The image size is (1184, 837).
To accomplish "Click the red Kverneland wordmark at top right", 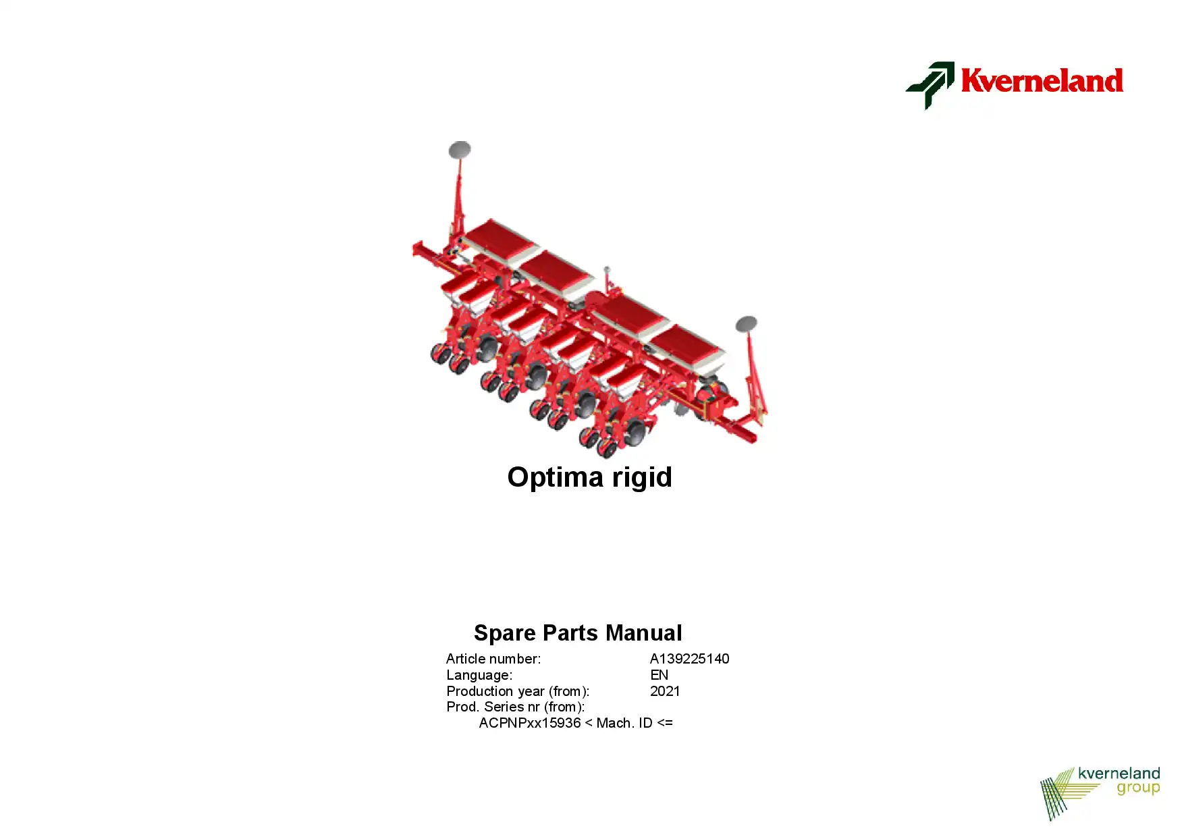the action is click(1042, 80).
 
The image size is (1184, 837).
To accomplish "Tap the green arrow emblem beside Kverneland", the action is click(930, 85).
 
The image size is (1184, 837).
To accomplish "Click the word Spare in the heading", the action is click(505, 633).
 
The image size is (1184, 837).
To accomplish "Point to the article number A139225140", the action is click(689, 659).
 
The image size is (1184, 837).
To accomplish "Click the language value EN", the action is click(659, 675).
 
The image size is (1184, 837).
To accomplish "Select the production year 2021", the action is click(665, 691).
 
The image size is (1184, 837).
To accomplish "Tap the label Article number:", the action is click(493, 659).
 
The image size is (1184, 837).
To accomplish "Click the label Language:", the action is click(479, 675).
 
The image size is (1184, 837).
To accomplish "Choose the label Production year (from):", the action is click(518, 691).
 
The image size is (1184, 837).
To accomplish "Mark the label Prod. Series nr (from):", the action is click(516, 707).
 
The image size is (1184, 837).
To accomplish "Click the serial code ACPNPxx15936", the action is click(530, 723).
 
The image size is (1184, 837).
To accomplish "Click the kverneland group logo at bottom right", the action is click(1100, 793).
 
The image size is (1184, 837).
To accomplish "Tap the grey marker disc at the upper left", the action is click(460, 150).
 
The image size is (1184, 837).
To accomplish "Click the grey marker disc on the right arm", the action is click(746, 324).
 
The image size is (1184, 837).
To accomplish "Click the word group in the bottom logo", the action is click(1138, 788).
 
